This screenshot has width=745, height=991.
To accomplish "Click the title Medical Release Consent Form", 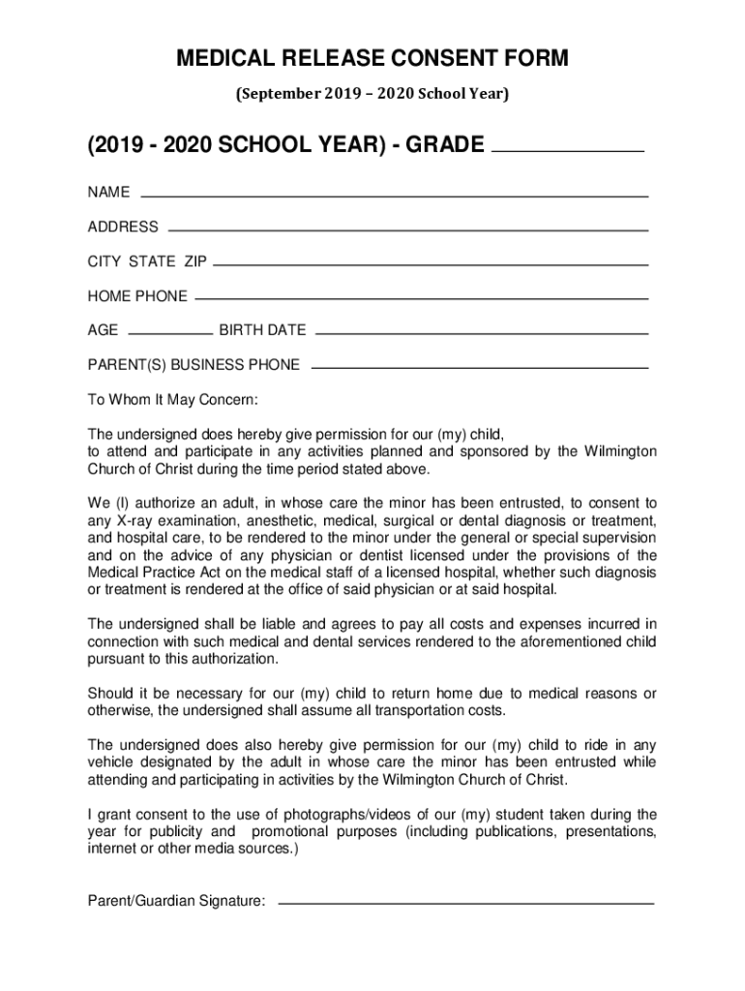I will [x=372, y=60].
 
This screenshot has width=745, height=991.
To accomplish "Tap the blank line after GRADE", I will [x=568, y=151].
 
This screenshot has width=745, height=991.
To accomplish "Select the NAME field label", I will [x=108, y=192].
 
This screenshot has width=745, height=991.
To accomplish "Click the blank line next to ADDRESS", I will [x=408, y=230].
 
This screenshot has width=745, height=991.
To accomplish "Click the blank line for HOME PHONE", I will [x=421, y=298].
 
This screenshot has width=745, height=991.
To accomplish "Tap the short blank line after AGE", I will [x=169, y=332].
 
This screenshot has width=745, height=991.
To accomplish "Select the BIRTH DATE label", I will [x=262, y=330].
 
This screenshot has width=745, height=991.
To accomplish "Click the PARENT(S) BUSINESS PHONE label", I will [x=194, y=365].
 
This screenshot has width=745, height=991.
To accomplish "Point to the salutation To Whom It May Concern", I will [x=173, y=400].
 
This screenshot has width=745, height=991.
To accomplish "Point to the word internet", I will [x=114, y=849].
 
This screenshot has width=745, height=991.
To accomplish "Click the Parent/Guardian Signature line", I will [x=465, y=903].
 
